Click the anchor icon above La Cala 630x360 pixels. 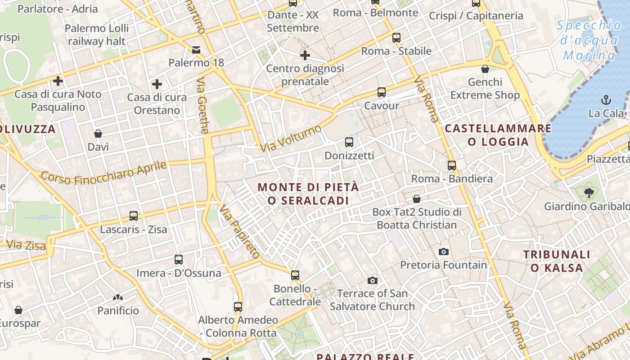coord(606,99)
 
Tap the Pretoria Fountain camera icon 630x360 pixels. coord(444,252)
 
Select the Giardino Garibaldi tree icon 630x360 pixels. coord(589,193)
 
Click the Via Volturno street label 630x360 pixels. coord(291,138)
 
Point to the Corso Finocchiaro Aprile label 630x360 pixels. coord(103,173)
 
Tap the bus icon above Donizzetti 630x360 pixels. coord(349,142)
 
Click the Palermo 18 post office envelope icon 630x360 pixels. coord(196,49)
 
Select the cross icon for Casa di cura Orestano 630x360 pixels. coord(157,84)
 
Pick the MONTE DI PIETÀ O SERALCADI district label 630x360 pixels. coord(309,193)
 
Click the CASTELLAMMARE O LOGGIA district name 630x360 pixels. coord(498,135)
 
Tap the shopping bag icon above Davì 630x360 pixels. coord(98,134)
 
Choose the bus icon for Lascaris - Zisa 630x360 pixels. coord(133,216)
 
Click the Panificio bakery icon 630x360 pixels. coord(118,297)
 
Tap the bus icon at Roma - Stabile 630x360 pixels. coord(396,38)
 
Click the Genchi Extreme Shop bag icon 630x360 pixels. coord(485,69)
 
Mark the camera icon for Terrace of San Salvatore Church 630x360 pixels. coord(373,280)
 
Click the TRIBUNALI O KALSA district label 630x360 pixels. coord(556,261)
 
